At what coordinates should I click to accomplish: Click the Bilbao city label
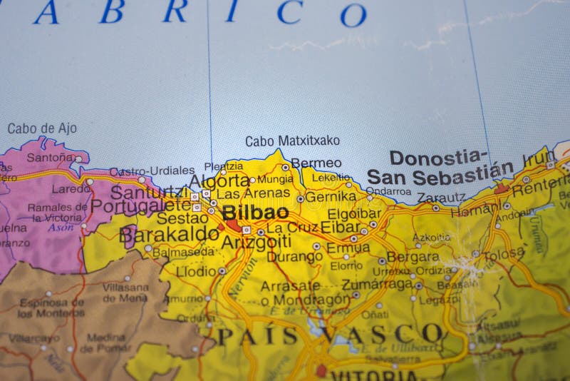255,213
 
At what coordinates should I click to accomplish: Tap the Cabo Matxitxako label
292,141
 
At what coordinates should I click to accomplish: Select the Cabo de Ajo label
42,129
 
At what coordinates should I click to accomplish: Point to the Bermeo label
316,163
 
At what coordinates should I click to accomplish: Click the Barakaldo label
169,234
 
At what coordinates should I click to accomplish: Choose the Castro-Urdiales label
152,171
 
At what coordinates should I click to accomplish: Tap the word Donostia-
438,158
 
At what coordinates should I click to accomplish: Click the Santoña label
50,157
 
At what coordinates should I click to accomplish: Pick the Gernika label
330,196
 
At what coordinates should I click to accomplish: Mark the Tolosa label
503,254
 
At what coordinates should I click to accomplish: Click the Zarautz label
440,198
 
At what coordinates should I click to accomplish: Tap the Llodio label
195,272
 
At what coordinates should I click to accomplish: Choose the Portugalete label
140,206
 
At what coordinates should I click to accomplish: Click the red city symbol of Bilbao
234,225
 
